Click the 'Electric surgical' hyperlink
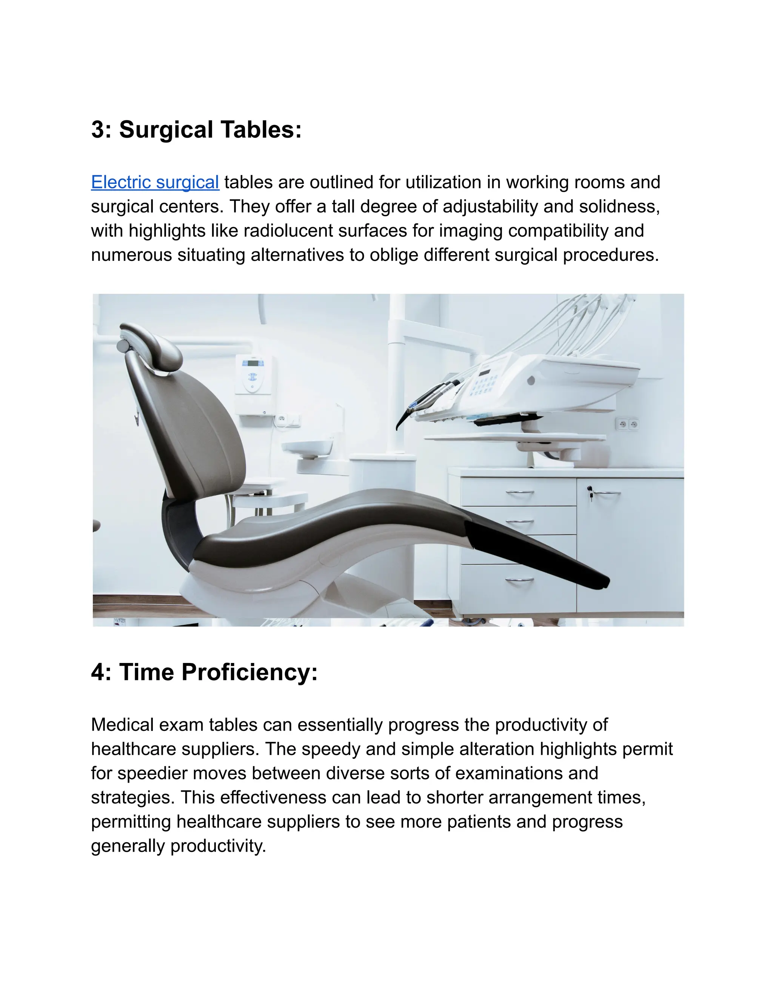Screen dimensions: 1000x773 coord(155,182)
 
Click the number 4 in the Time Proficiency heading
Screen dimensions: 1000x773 coord(98,672)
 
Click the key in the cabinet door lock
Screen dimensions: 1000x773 coord(590,494)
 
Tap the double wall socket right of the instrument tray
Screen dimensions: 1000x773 coord(627,424)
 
